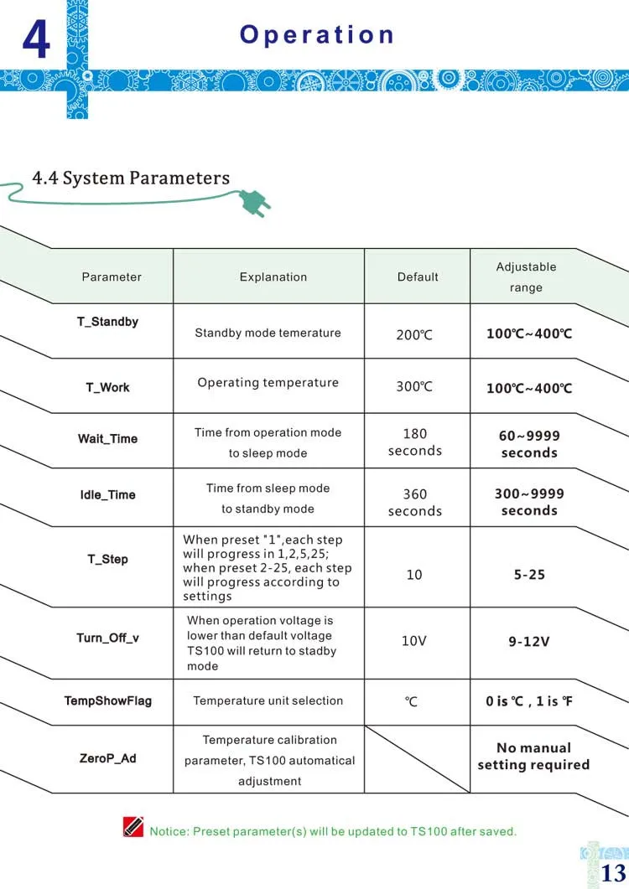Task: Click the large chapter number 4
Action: tap(36, 39)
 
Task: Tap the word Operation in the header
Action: tap(317, 34)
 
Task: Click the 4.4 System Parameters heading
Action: tap(131, 178)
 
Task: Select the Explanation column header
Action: tap(273, 277)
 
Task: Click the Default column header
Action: tap(418, 277)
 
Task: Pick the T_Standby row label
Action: tap(108, 322)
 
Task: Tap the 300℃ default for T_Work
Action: tap(414, 387)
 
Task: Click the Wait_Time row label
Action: tap(107, 439)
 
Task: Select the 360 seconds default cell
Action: tap(414, 503)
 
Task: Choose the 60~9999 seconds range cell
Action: tap(529, 444)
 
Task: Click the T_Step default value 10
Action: tap(414, 575)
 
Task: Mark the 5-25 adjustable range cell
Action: tap(529, 575)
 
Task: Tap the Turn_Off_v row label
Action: tap(107, 638)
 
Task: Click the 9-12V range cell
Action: tap(529, 642)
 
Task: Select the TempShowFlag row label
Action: tap(108, 700)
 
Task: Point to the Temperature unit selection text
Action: tap(268, 700)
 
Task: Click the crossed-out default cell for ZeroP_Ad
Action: tap(417, 758)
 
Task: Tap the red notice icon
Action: tap(133, 827)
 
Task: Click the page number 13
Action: tap(613, 873)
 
